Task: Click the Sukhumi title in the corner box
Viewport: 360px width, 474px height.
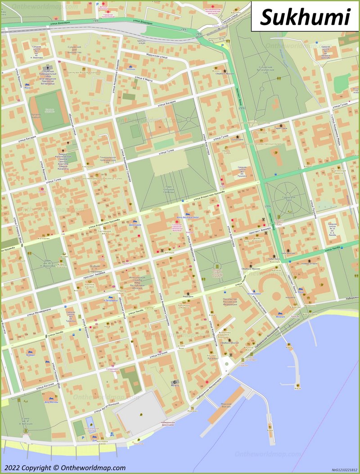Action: tap(305, 17)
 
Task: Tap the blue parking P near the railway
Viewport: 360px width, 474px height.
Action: tap(222, 45)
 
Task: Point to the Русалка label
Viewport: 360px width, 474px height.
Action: tap(213, 358)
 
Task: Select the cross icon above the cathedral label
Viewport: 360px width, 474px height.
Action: tap(45, 67)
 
